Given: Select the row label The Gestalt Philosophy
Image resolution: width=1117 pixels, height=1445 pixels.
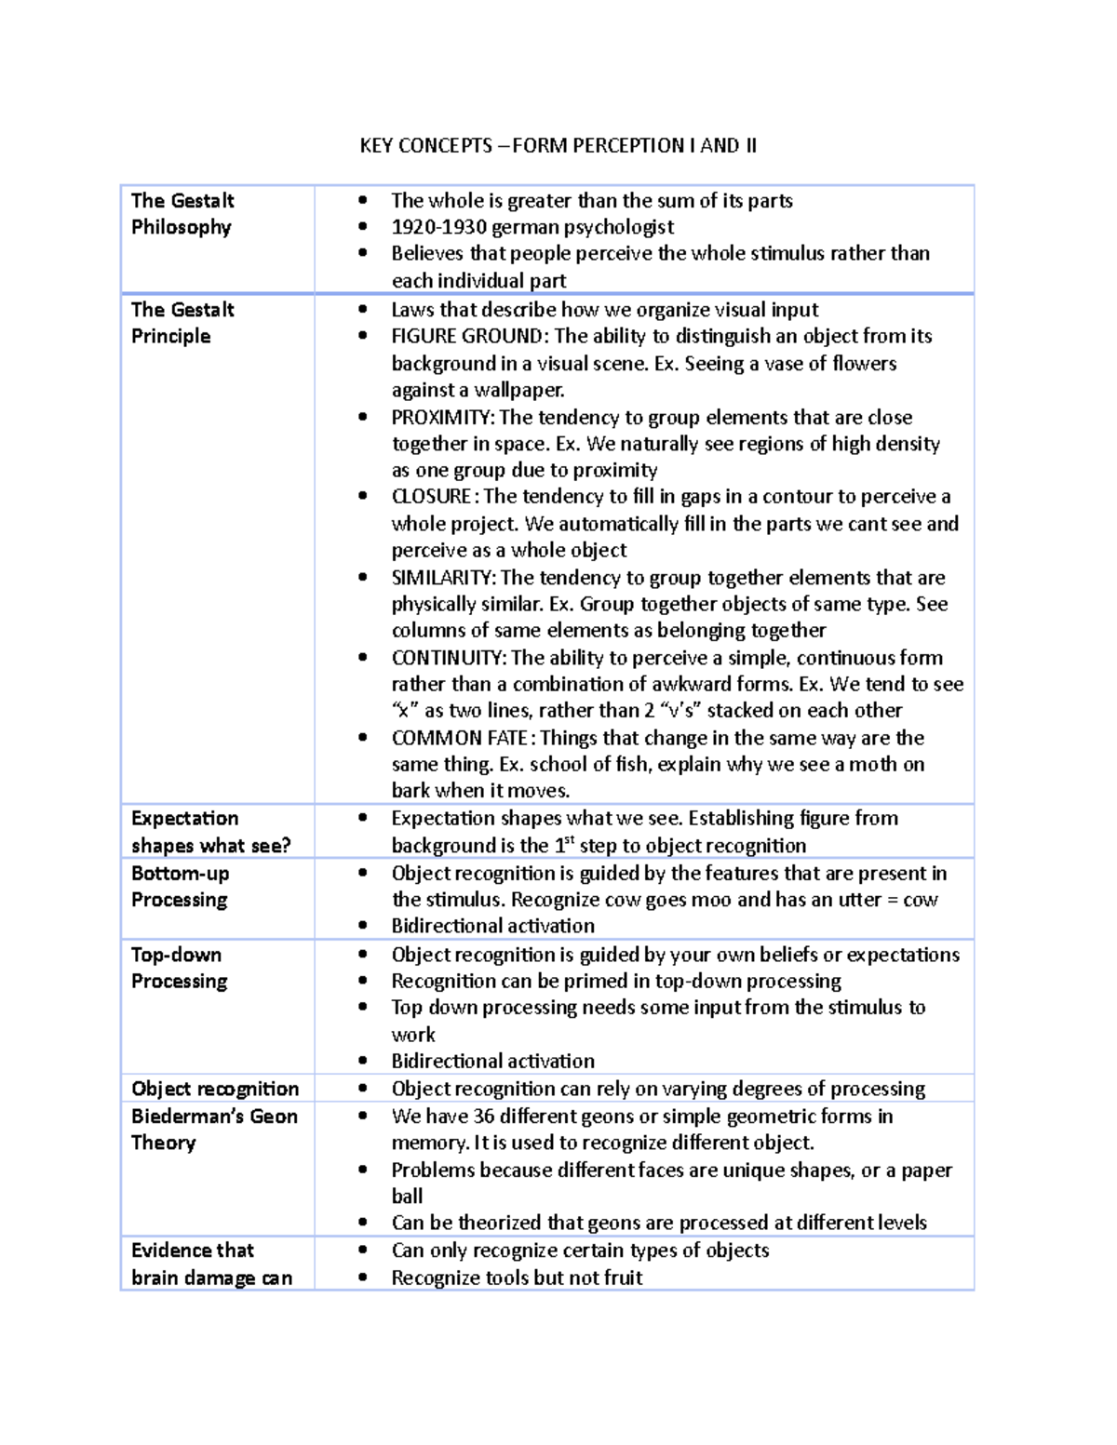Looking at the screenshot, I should pos(182,213).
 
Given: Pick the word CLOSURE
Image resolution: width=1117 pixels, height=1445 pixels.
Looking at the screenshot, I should pos(431,496).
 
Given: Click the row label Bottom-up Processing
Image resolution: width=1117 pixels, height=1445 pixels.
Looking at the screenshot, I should pos(180,886).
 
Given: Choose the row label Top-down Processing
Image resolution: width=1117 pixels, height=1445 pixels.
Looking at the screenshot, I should pos(179,968).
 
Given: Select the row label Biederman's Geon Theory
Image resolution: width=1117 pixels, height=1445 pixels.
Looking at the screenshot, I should pos(214,1129).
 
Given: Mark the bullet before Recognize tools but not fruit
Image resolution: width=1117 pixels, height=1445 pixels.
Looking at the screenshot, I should pos(363,1278).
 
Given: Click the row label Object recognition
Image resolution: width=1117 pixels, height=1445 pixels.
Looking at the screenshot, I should pos(215,1089).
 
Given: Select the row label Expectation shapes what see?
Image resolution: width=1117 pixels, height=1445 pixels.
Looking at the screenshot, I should pos(210,831).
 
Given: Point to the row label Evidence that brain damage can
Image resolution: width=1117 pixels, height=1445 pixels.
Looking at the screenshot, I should pos(211,1264).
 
